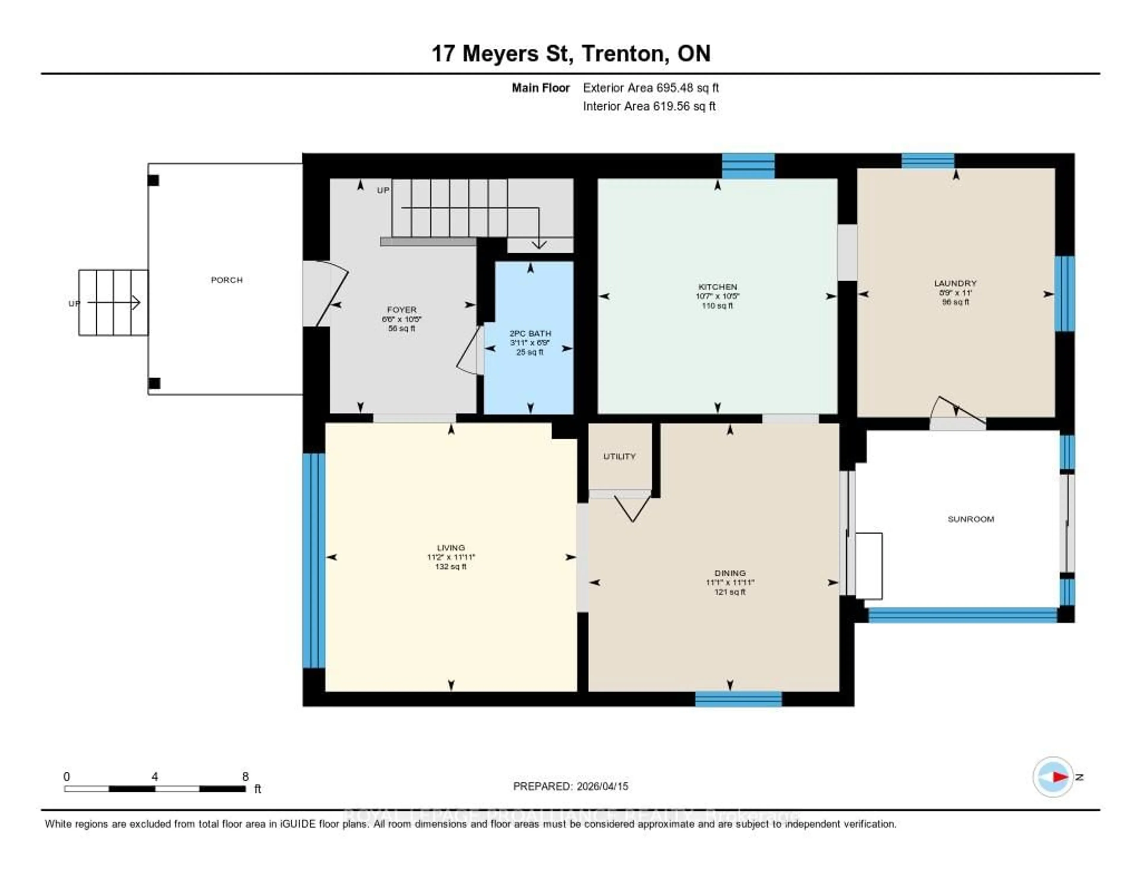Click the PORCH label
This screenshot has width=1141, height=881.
point(227,280)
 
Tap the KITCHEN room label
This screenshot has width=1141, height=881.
point(717,287)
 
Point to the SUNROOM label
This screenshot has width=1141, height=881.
point(971,519)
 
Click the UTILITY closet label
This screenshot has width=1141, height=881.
point(620,457)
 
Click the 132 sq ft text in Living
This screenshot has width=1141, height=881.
point(450,567)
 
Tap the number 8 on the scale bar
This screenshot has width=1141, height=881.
point(245,776)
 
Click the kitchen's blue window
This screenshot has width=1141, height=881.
point(748,165)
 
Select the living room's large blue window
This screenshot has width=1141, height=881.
point(313,560)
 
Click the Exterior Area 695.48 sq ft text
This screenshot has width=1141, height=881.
point(650,88)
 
